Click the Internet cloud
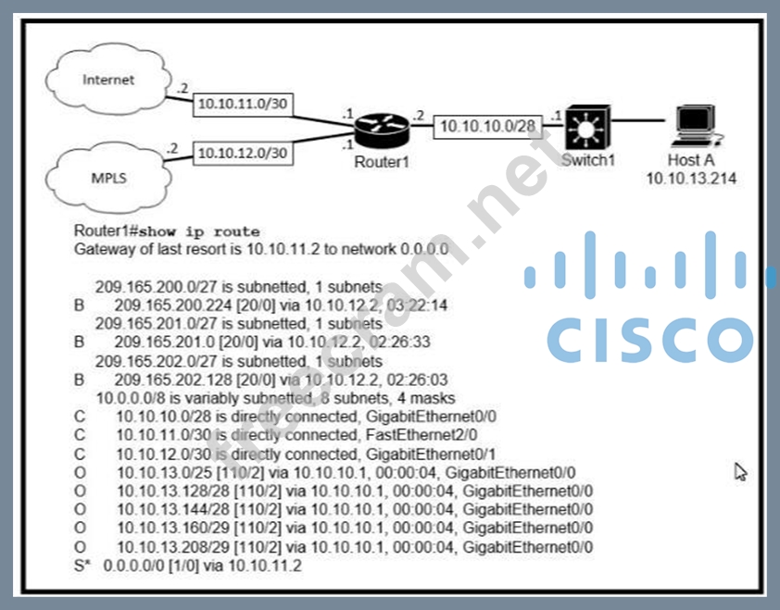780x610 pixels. point(108,81)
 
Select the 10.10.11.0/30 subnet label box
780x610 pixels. point(244,105)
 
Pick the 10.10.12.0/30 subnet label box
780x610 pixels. point(244,151)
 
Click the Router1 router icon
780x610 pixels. point(379,131)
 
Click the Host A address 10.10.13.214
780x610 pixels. point(691,180)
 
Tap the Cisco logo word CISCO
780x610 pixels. point(649,338)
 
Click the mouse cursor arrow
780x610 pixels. point(740,472)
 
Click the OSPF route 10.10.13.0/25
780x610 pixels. point(158,472)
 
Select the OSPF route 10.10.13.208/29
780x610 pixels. point(165,547)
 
